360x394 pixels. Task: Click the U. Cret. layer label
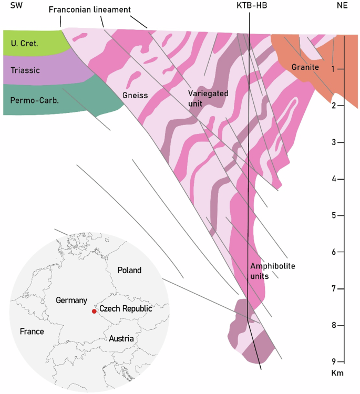[24, 44]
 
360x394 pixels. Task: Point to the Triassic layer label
[25, 69]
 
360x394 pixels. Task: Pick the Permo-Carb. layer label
[31, 100]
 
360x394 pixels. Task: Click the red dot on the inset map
[94, 312]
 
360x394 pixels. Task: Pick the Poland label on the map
[129, 271]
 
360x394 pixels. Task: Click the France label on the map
[32, 331]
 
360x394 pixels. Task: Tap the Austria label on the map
[121, 339]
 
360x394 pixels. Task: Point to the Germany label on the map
[71, 300]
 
